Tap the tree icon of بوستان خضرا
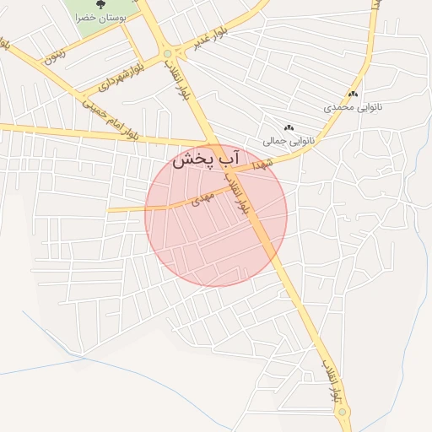click(x=101, y=4)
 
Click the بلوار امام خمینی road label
click(x=109, y=118)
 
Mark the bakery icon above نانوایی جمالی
click(x=289, y=127)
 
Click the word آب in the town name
click(x=229, y=159)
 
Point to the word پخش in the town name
click(x=191, y=161)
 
